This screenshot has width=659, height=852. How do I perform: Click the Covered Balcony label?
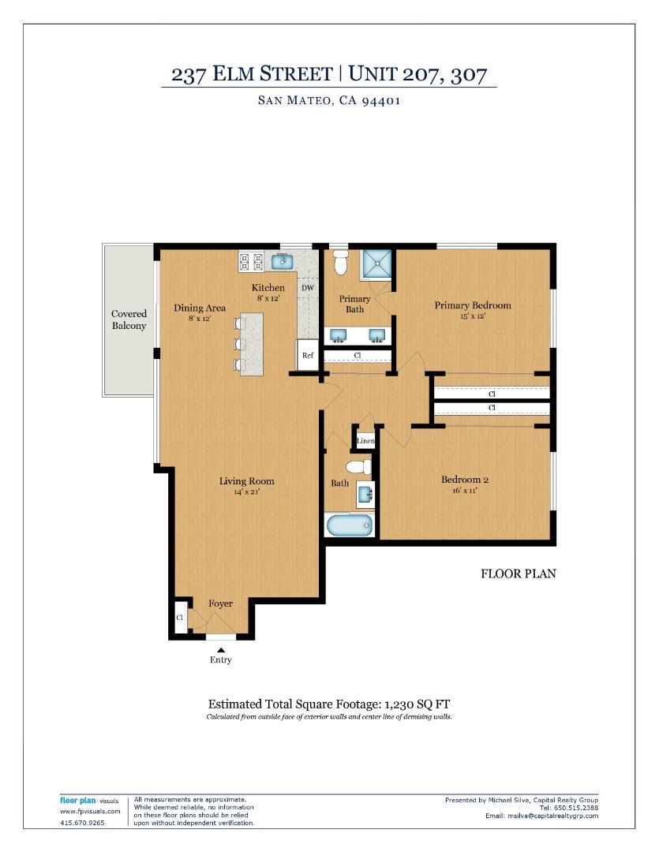pos(129,319)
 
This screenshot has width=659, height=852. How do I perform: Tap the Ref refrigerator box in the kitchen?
pos(308,355)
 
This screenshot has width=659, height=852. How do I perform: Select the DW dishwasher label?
pos(308,289)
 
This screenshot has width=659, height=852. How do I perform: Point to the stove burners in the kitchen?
pos(251,260)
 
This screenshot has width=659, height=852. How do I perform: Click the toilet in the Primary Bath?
pos(340,262)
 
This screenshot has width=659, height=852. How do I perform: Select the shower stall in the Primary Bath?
pos(376,263)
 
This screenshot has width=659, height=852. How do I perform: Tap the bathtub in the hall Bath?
pos(349,525)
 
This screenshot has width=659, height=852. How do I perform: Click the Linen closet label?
pos(365,440)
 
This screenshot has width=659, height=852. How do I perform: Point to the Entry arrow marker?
pos(221,649)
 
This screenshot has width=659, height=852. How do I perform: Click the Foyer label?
pos(221,603)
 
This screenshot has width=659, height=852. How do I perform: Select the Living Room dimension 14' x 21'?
pos(246,491)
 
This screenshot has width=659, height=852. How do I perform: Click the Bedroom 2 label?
pos(465,480)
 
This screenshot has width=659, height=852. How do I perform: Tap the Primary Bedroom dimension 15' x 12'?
pos(471,316)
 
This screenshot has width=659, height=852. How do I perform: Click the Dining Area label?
pos(200,308)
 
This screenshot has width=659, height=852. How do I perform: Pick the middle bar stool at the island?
pos(239,344)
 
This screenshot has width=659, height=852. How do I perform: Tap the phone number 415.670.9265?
pos(82,823)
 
